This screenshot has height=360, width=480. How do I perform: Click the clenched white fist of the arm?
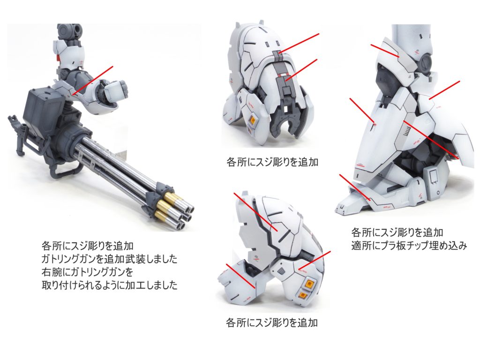[x=116, y=90]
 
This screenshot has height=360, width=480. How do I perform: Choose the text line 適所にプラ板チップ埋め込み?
[x=409, y=245]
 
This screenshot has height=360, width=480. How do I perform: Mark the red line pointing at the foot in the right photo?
[x=356, y=189]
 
